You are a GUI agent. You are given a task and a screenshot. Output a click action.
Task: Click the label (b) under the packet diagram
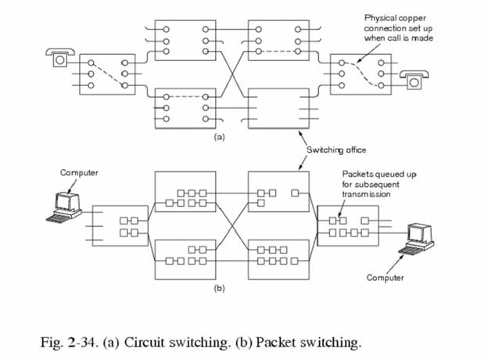(221, 287)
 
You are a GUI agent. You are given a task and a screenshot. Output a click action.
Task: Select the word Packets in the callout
(356, 174)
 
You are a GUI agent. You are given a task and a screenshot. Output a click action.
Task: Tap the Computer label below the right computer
(385, 278)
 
